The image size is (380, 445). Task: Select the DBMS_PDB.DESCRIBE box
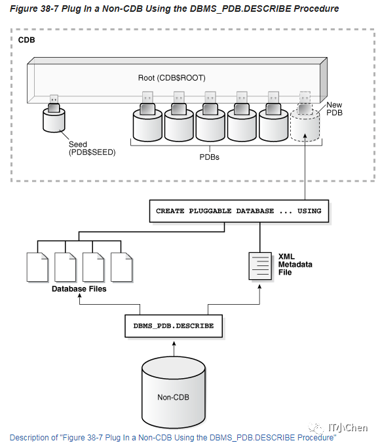tap(173, 325)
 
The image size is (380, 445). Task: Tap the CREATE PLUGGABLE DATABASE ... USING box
tap(238, 211)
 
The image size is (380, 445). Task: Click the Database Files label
tap(79, 289)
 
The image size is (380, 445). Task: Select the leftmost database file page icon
tap(37, 267)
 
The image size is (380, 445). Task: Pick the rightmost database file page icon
tap(122, 267)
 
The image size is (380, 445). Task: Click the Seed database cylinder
tap(55, 121)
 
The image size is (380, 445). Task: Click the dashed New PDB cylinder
tap(305, 125)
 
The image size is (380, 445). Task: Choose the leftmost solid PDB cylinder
tap(147, 123)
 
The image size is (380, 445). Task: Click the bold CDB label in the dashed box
tap(26, 40)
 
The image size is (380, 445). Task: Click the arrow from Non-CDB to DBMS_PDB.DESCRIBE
tap(173, 347)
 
